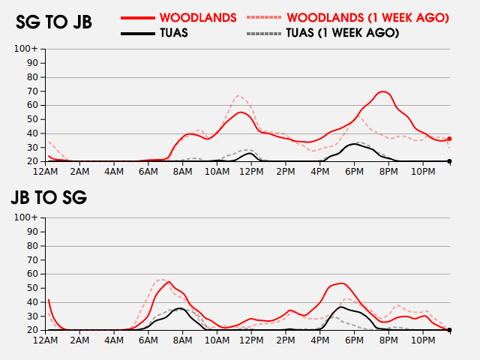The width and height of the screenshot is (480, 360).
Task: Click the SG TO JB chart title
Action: click(54, 22)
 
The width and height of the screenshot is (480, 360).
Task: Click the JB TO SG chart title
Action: click(49, 197)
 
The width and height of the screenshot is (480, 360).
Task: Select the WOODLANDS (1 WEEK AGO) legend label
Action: click(368, 18)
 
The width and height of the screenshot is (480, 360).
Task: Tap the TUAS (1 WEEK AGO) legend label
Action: click(343, 33)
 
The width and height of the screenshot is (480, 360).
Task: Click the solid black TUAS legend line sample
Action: click(138, 33)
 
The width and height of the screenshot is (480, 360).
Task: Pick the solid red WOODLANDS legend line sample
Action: click(138, 18)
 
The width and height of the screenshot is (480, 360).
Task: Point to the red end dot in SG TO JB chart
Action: click(449, 139)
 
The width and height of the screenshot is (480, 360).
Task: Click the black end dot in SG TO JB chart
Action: click(449, 161)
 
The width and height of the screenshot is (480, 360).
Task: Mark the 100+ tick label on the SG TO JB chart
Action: click(25, 49)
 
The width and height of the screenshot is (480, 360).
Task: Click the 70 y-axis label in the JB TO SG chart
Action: click(31, 260)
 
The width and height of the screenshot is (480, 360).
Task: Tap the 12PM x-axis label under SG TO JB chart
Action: click(251, 172)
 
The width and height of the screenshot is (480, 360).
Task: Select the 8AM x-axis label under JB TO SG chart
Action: click(182, 340)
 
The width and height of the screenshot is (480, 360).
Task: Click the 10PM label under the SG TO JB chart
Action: click(423, 172)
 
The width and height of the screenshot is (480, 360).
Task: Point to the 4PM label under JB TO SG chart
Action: click(320, 340)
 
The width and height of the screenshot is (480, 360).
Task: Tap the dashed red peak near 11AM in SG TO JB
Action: click(238, 96)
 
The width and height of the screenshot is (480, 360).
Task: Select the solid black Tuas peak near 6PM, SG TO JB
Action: click(354, 144)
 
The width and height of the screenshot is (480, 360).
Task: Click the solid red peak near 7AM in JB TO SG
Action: click(169, 282)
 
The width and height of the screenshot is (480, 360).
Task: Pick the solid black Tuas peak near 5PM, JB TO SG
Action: click(341, 307)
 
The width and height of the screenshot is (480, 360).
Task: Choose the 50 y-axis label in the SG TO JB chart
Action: click(31, 119)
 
